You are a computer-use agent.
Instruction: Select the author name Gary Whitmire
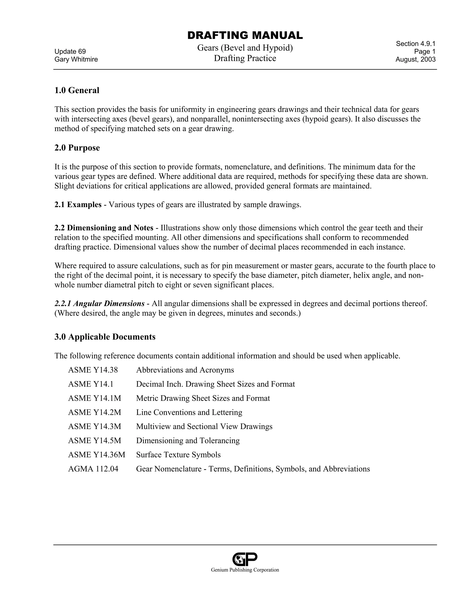tap(76, 59)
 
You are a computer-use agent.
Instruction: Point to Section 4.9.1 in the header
tap(415, 44)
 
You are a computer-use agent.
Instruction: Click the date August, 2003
tap(415, 59)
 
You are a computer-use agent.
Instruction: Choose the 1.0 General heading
tap(77, 90)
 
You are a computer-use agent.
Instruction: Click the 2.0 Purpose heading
tap(77, 148)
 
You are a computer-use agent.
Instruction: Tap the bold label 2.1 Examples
tap(78, 205)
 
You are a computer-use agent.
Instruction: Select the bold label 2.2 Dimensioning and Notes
tap(104, 228)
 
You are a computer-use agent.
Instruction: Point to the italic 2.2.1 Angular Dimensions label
tap(99, 304)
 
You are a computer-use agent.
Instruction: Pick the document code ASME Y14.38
tap(93, 370)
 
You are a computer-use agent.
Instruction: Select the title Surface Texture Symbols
tap(178, 455)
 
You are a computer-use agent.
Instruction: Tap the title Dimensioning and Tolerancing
tap(188, 440)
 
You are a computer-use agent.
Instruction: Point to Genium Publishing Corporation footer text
tap(245, 570)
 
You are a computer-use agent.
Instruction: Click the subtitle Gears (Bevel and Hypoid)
tap(245, 48)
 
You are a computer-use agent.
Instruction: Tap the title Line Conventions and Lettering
tap(189, 412)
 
